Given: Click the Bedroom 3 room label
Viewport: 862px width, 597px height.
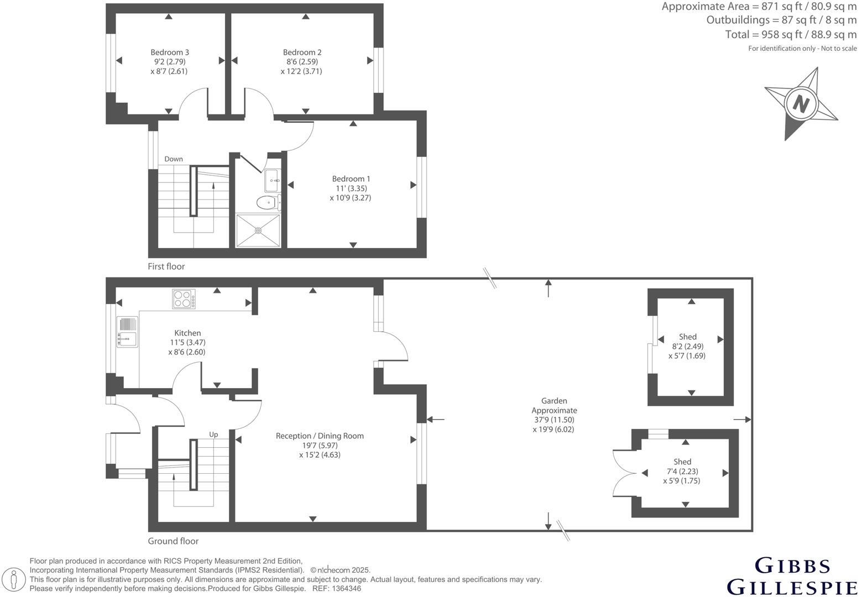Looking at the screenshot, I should coord(170,53).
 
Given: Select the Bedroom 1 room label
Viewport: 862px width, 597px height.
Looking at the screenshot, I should coord(351,179).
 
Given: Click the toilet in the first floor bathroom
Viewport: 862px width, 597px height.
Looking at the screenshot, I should coord(268,203).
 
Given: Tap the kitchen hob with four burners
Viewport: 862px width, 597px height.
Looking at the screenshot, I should coord(184,299).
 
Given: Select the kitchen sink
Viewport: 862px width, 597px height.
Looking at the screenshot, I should coord(127,332).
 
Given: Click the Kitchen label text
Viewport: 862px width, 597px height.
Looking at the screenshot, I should coord(187,333).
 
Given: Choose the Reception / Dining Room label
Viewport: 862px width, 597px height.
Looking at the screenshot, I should coord(320,436).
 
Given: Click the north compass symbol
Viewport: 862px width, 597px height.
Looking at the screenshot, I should coord(801,103).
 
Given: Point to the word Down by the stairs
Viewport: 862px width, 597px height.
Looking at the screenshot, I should coord(173,159).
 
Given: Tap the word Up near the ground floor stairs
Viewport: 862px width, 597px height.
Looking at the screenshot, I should coord(213,434).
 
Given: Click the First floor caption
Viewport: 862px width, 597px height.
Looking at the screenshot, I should coord(166,266).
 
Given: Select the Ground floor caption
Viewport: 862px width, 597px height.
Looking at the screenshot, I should coord(173,541).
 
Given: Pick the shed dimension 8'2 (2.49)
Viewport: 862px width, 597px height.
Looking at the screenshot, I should coord(687,347).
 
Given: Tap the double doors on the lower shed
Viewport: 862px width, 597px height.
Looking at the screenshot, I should coord(623,474).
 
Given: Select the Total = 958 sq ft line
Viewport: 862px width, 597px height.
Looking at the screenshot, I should coord(790,35).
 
